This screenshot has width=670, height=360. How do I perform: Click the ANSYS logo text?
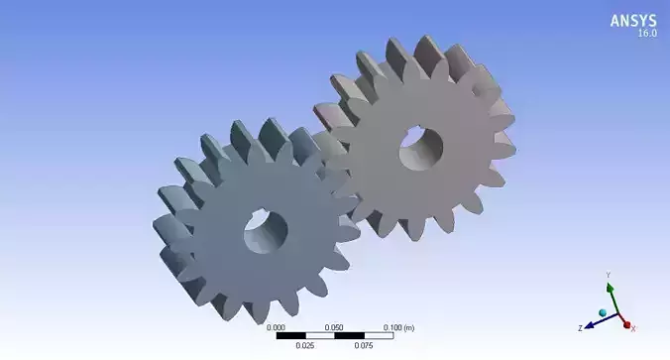click(x=632, y=20)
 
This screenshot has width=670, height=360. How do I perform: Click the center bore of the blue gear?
click(x=266, y=231)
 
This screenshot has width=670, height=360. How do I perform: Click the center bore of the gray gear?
click(x=421, y=149)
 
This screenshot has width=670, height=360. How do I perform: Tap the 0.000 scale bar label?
click(x=277, y=326)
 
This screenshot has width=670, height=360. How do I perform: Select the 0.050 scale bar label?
click(x=335, y=326)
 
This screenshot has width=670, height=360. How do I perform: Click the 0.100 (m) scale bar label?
click(x=398, y=326)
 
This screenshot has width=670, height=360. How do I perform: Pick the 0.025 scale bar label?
click(x=305, y=346)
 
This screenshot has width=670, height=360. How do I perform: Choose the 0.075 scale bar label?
click(x=364, y=346)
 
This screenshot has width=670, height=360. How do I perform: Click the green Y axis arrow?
click(x=611, y=296)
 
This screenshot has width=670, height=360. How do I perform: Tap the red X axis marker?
click(x=626, y=324)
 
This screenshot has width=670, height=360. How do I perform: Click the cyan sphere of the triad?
click(x=602, y=313)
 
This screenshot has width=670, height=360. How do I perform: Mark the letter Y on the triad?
click(x=610, y=275)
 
